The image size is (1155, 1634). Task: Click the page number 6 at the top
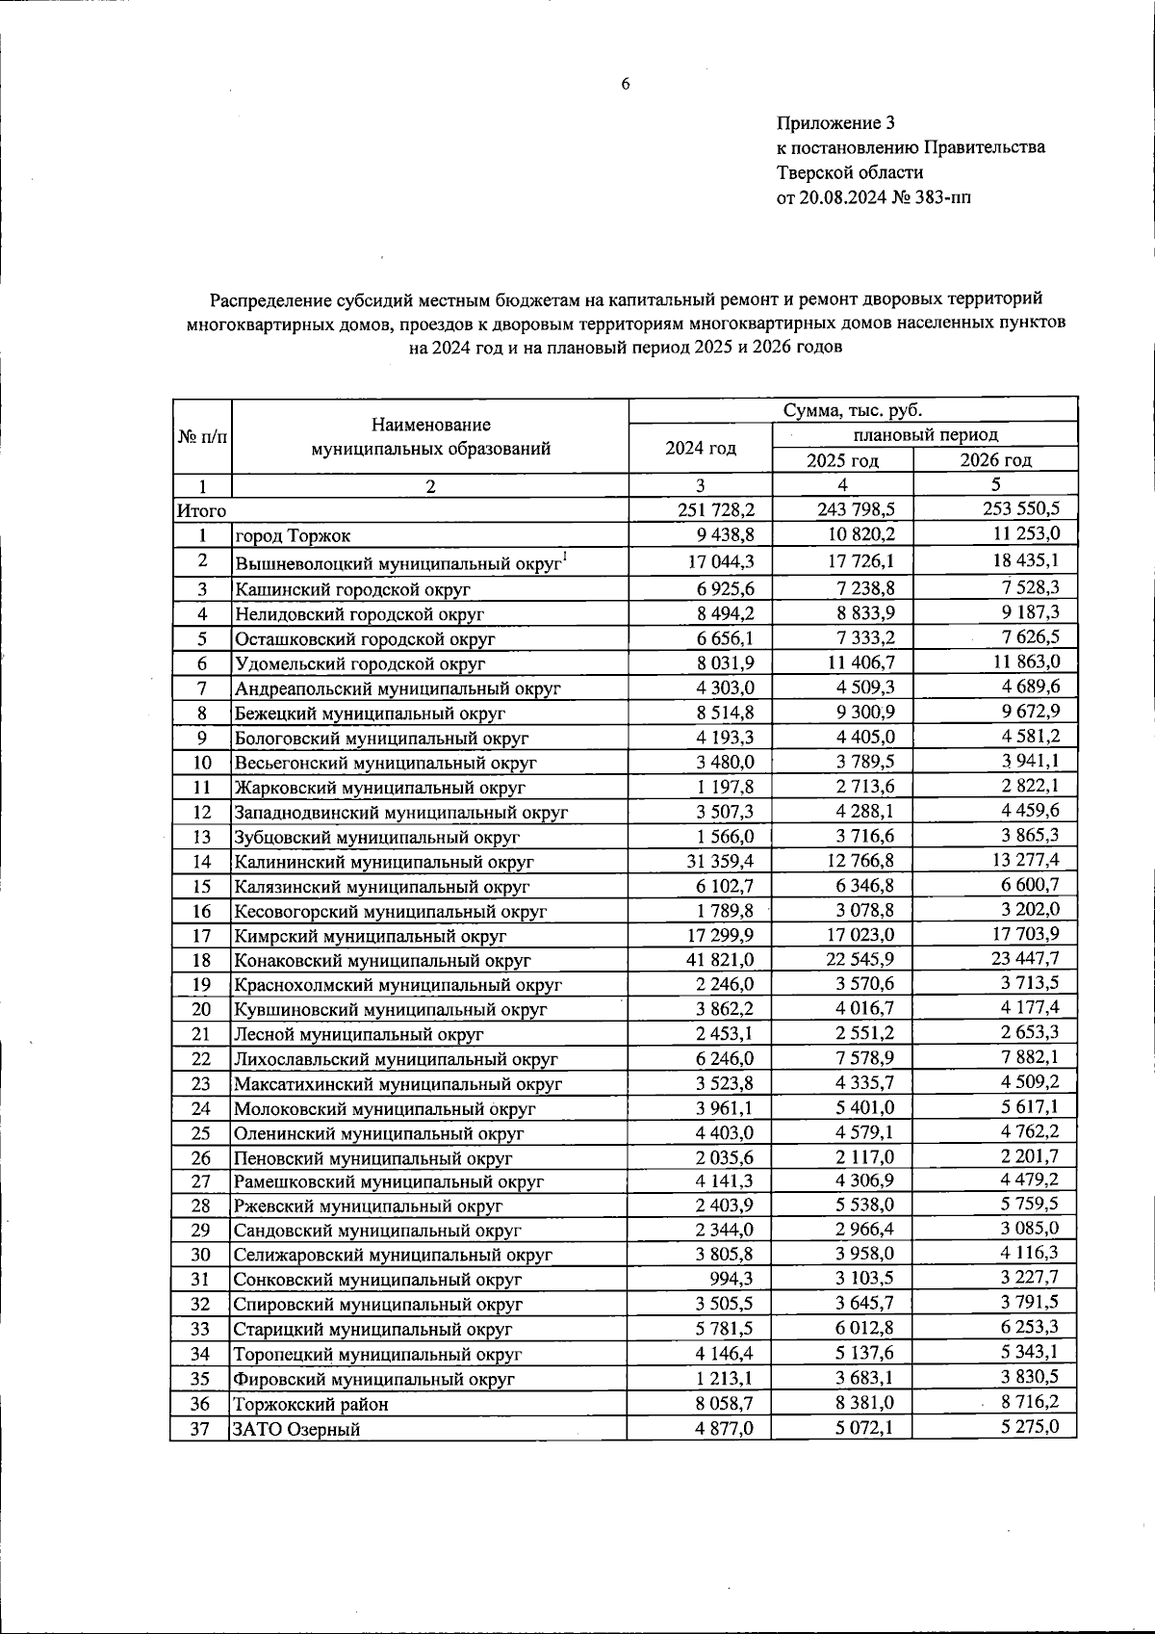625,84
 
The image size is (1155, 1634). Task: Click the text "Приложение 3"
835,122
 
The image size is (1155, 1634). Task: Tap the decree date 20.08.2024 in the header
846,198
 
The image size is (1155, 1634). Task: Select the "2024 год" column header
701,448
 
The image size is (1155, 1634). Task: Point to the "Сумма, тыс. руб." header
852,410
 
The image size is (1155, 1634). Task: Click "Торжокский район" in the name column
312,1405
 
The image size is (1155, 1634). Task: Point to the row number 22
200,1058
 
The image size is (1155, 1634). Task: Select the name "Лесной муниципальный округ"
359,1034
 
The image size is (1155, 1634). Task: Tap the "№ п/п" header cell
202,436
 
